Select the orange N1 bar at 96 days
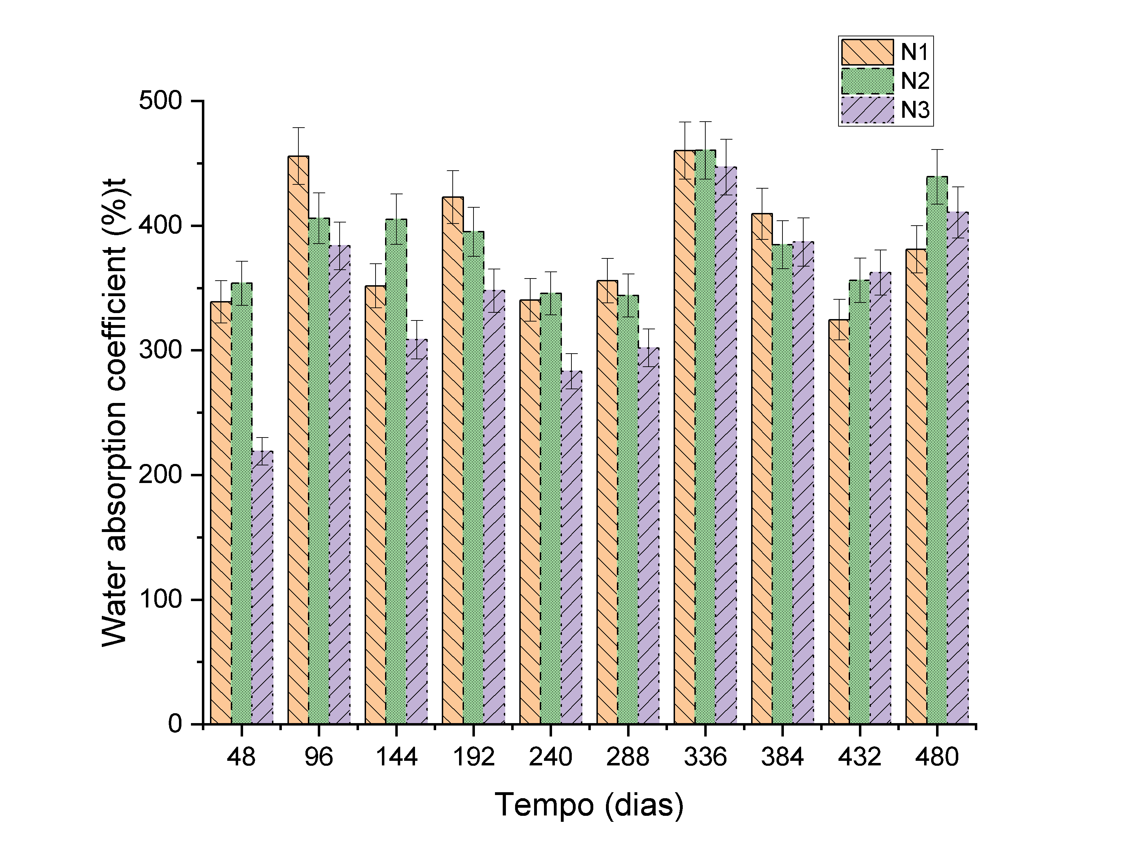click(298, 439)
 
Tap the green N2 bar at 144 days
click(396, 470)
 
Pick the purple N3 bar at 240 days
click(571, 548)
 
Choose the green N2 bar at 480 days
click(937, 450)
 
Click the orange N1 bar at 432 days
click(839, 522)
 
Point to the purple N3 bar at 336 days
click(726, 444)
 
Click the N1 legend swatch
click(867, 52)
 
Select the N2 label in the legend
click(915, 81)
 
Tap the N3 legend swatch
click(867, 110)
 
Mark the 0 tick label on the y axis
click(175, 724)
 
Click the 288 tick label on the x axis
click(628, 757)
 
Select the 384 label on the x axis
click(782, 757)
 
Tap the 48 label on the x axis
click(241, 757)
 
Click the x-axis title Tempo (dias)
click(589, 805)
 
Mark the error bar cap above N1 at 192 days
click(453, 171)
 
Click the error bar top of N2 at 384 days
click(782, 221)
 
